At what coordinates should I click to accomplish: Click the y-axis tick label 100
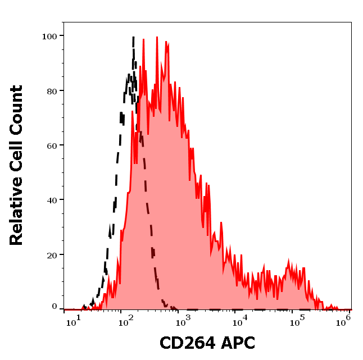pyautogui.click(x=49, y=36)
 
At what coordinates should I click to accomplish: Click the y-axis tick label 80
pyautogui.click(x=52, y=90)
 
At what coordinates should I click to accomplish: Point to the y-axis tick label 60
pyautogui.click(x=52, y=145)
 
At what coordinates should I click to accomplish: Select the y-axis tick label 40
pyautogui.click(x=52, y=199)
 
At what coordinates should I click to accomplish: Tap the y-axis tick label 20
pyautogui.click(x=52, y=254)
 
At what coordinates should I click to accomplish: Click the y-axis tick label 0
pyautogui.click(x=55, y=307)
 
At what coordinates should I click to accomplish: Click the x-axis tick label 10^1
pyautogui.click(x=71, y=322)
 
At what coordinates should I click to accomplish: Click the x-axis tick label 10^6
pyautogui.click(x=344, y=320)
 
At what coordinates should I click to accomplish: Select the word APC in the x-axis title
pyautogui.click(x=236, y=343)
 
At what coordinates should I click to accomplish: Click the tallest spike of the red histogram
pyautogui.click(x=157, y=38)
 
